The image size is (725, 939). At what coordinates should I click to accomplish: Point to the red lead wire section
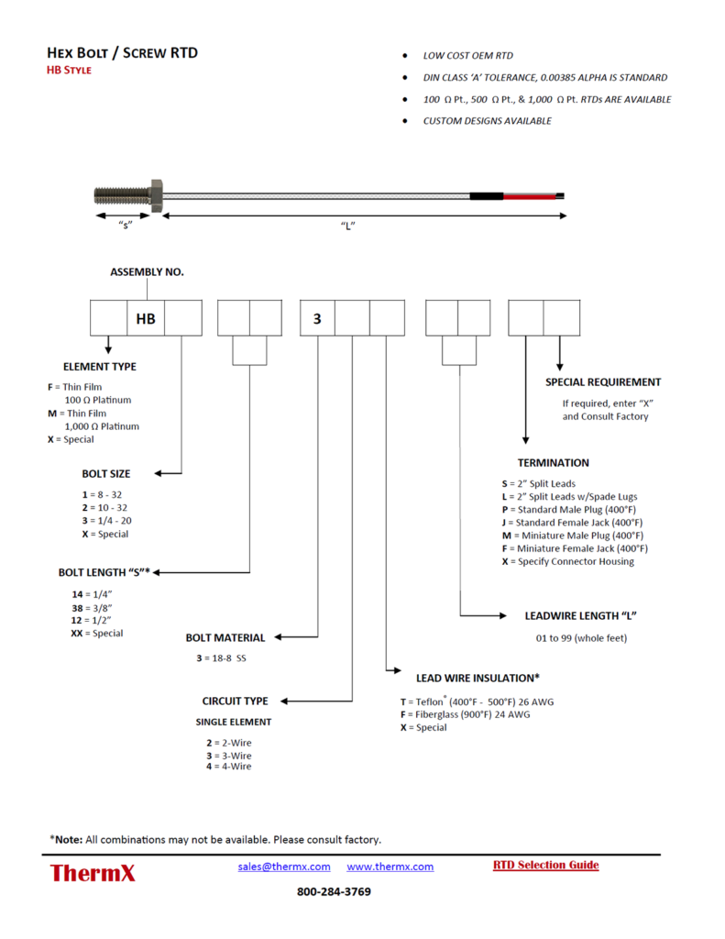click(530, 196)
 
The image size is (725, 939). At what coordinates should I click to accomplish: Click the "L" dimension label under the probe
click(347, 226)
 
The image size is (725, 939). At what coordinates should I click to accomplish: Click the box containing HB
click(146, 318)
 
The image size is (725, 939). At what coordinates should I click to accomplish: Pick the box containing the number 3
click(318, 318)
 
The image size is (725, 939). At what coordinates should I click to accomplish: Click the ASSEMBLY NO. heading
click(147, 272)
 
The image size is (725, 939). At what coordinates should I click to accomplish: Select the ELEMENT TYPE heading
click(100, 367)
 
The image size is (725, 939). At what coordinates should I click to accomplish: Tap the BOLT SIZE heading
click(106, 474)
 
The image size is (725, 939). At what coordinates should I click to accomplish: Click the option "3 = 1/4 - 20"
click(105, 521)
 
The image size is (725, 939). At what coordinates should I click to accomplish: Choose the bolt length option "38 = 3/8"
click(92, 607)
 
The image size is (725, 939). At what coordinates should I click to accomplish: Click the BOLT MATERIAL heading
click(225, 637)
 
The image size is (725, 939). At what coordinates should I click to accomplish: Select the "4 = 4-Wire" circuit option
click(228, 766)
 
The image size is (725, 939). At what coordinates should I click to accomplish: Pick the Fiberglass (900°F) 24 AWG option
click(460, 714)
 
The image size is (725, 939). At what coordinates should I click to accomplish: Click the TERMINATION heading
click(553, 463)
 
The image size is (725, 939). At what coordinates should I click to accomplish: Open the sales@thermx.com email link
click(284, 867)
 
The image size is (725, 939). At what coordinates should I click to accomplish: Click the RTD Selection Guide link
click(545, 865)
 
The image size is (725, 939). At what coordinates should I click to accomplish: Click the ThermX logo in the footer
click(93, 873)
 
